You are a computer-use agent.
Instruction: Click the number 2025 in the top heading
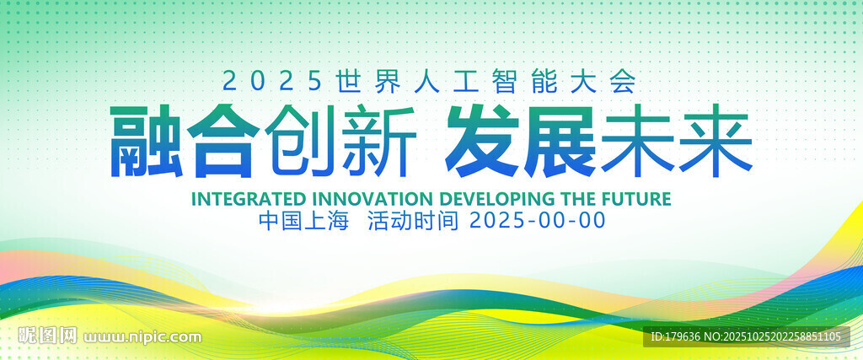(x=272, y=82)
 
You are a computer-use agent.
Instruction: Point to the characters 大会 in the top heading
(x=612, y=82)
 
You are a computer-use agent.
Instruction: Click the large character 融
(x=147, y=142)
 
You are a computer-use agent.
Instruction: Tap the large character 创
(x=301, y=142)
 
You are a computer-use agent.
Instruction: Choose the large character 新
(x=379, y=142)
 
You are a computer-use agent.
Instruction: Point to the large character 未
(x=637, y=142)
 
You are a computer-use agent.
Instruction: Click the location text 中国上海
(x=303, y=221)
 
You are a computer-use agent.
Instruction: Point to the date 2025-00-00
(x=538, y=221)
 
